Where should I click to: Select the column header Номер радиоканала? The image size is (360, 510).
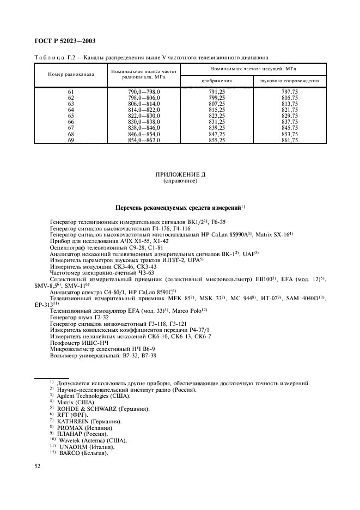[x=71, y=74]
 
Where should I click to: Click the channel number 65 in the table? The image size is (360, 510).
[x=71, y=116]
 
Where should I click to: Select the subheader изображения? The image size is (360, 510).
[x=216, y=81]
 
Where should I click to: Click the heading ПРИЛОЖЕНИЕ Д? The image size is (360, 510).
[x=179, y=175]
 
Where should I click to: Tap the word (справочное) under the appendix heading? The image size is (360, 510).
[x=179, y=181]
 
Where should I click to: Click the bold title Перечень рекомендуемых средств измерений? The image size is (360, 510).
[x=179, y=207]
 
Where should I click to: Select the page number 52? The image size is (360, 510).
[x=38, y=466]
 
